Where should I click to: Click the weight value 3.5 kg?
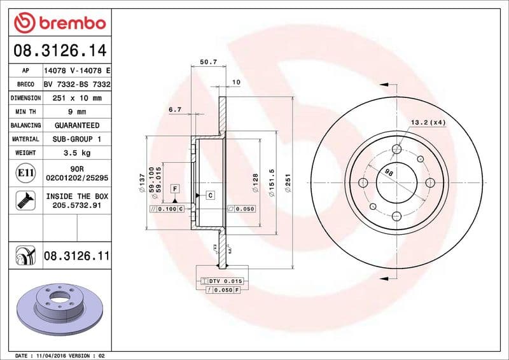76,153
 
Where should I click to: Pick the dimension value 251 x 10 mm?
76,98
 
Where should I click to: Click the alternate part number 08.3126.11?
77,256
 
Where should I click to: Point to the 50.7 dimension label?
209,62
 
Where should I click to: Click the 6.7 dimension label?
175,109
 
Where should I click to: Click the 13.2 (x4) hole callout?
428,121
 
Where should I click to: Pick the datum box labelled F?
174,188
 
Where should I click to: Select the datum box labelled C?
209,195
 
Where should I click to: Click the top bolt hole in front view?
397,149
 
